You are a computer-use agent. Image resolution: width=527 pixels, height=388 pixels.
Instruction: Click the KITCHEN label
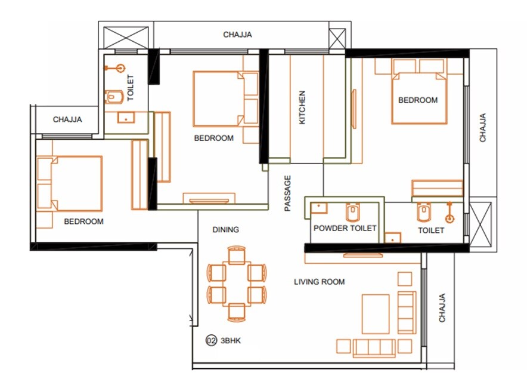point(302,107)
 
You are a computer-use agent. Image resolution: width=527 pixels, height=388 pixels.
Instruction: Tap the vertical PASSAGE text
point(288,193)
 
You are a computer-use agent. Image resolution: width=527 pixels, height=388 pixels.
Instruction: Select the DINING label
point(226,229)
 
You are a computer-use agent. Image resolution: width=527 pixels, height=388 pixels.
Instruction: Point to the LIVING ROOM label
point(320,282)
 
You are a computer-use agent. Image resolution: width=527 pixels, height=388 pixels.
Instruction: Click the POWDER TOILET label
point(345,229)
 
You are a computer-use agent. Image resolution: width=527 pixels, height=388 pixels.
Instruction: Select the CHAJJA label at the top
point(238,35)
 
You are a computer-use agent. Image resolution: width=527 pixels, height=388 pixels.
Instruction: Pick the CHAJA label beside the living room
point(442,308)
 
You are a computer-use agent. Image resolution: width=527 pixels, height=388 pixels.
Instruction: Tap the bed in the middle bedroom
point(218,99)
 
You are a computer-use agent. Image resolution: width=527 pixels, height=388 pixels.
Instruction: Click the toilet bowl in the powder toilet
point(352,211)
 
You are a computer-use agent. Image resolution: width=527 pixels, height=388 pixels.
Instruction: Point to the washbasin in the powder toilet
point(320,208)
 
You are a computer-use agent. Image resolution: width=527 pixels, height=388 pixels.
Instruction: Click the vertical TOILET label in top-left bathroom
point(131,86)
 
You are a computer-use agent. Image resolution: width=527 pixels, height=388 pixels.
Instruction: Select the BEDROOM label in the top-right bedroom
point(418,100)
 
